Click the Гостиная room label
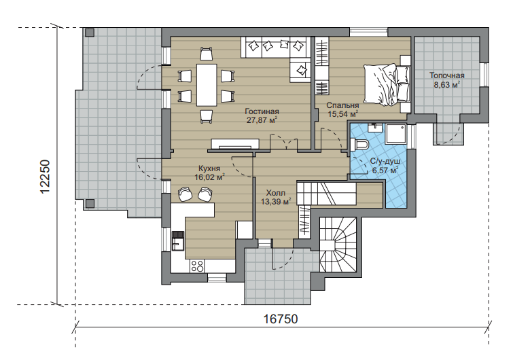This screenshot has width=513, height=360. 262,111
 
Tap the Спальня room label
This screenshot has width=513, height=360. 342,105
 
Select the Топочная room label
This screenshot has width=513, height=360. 447,75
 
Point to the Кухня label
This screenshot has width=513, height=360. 209,168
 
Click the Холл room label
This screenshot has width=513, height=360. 275,193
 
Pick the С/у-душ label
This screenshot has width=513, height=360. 385,162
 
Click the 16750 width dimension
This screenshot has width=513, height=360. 281,319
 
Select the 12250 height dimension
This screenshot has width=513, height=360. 45,177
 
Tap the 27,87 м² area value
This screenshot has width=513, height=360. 262,120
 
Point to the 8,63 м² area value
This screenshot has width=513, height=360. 447,85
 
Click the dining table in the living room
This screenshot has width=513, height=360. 207,85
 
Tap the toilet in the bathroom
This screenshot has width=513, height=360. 359,144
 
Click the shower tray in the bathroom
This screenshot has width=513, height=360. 395,134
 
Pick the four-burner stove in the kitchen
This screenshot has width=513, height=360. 197,266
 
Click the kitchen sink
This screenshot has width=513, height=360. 178,243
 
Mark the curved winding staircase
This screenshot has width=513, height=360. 338,245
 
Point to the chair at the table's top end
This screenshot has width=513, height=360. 207,54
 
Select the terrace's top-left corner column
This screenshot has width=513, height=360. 89,33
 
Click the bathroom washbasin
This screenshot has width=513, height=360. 375,128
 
